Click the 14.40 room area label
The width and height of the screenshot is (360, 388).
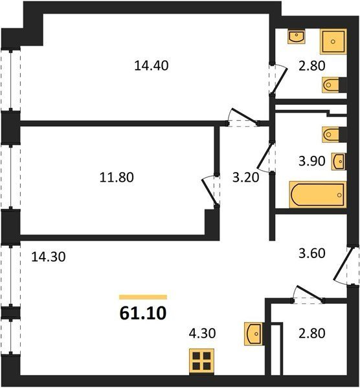pyautogui.click(x=151, y=66)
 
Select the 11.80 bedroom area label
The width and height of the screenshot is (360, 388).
pyautogui.click(x=117, y=177)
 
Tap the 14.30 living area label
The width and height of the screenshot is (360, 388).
pyautogui.click(x=49, y=257)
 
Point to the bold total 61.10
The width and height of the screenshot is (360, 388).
pyautogui.click(x=143, y=313)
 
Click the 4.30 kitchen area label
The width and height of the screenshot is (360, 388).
pyautogui.click(x=202, y=333)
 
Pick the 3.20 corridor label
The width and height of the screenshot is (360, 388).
pyautogui.click(x=245, y=177)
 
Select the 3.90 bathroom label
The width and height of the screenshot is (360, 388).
pyautogui.click(x=311, y=161)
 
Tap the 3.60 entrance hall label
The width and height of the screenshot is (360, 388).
pyautogui.click(x=311, y=253)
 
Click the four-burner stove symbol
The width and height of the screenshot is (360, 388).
pyautogui.click(x=201, y=361)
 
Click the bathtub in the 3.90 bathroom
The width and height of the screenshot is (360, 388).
pyautogui.click(x=318, y=195)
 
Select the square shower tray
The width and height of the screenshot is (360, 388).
pyautogui.click(x=333, y=41)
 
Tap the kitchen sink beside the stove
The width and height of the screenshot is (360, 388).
pyautogui.click(x=253, y=334)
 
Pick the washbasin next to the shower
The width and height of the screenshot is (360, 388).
pyautogui.click(x=297, y=37)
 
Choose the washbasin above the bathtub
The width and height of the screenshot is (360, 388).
pyautogui.click(x=339, y=162)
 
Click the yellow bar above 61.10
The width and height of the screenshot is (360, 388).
pyautogui.click(x=143, y=297)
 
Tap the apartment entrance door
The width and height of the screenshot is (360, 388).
pyautogui.click(x=344, y=264)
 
